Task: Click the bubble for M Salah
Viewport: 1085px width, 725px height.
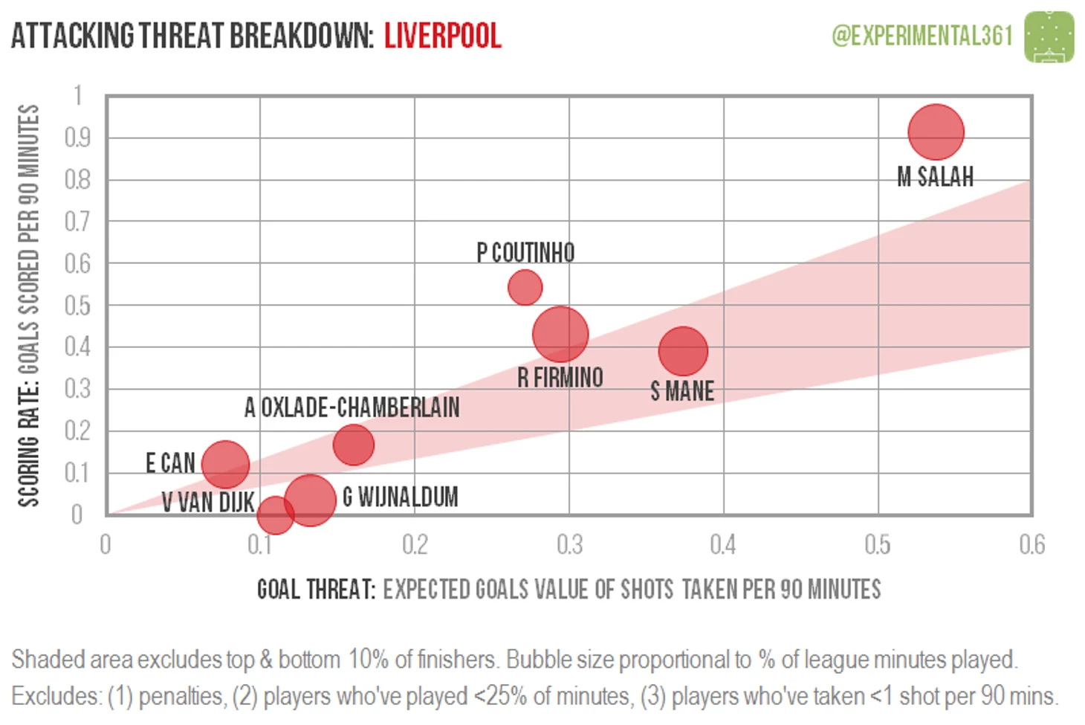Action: [936, 132]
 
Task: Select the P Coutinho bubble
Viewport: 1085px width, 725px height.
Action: [525, 287]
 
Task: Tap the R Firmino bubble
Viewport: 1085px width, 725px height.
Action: [560, 334]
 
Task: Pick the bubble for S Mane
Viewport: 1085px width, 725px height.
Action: [682, 351]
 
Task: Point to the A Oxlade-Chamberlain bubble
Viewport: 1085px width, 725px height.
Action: [353, 445]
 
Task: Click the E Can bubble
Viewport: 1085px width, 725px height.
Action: [224, 465]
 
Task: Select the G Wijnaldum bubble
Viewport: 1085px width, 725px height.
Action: [310, 499]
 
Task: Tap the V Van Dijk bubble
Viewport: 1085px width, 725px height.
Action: [275, 515]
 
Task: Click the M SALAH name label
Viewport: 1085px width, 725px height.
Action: [935, 177]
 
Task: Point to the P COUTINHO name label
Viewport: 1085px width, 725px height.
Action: [525, 253]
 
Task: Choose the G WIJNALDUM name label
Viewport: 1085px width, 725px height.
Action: [400, 497]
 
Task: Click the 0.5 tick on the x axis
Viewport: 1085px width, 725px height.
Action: [878, 545]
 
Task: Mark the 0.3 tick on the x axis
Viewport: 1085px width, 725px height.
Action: [569, 545]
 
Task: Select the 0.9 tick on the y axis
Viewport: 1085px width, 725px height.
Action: [77, 138]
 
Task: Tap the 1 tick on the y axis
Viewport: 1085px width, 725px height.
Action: [77, 95]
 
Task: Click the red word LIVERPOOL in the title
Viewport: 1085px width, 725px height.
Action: [443, 36]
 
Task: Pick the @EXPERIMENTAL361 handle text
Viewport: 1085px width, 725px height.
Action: [922, 36]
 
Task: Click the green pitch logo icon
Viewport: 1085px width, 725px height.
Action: [1049, 36]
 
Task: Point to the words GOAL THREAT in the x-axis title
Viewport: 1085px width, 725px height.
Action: [316, 590]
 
